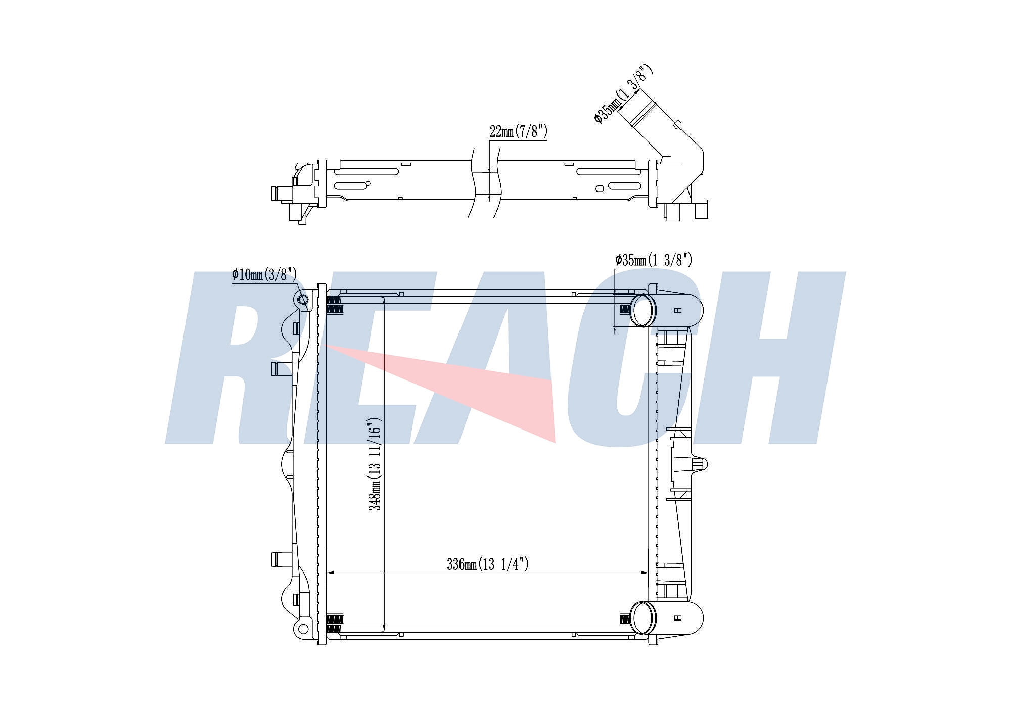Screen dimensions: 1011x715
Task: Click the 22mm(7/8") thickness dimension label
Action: (x=518, y=132)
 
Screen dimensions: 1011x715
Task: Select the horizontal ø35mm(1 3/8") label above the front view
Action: (x=653, y=260)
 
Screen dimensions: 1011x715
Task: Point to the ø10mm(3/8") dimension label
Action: (x=264, y=275)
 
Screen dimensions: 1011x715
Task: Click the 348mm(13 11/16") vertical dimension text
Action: (x=374, y=464)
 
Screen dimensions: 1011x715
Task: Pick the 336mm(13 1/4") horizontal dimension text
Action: (x=487, y=564)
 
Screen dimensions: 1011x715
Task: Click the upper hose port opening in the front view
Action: (x=642, y=310)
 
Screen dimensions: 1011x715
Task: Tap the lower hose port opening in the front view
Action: (x=642, y=617)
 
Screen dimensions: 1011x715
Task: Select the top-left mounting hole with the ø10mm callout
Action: (x=302, y=300)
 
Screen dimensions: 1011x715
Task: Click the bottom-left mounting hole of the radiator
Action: (x=302, y=629)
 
